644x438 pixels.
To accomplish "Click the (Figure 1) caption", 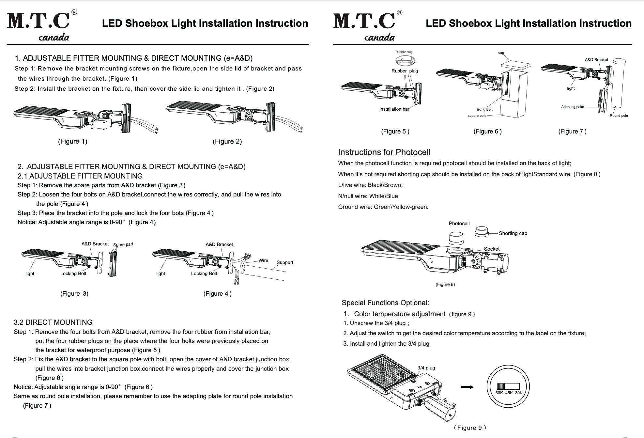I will [72, 141].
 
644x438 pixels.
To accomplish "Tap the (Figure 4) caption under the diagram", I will [217, 293].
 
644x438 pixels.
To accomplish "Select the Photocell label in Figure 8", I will [459, 223].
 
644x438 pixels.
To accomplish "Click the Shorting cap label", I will [513, 233].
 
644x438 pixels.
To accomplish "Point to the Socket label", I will [492, 249].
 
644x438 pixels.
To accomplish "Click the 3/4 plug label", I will [426, 368].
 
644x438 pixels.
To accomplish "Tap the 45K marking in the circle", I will [509, 393].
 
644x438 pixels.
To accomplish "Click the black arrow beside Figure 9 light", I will [467, 387].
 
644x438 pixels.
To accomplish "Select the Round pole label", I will [619, 116].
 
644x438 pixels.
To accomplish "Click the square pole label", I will [477, 116].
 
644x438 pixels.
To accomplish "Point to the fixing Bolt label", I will [484, 109].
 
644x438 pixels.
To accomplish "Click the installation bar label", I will [394, 109].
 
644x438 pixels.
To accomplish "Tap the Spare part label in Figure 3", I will [123, 244].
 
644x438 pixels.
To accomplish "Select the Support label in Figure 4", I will [285, 262].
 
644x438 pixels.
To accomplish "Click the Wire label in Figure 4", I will [263, 260].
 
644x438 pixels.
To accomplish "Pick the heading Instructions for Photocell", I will [384, 152].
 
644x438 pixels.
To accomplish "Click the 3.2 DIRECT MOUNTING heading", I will [53, 322].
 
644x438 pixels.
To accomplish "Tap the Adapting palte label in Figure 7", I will [573, 107].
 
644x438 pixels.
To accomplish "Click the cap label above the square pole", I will [501, 53].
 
